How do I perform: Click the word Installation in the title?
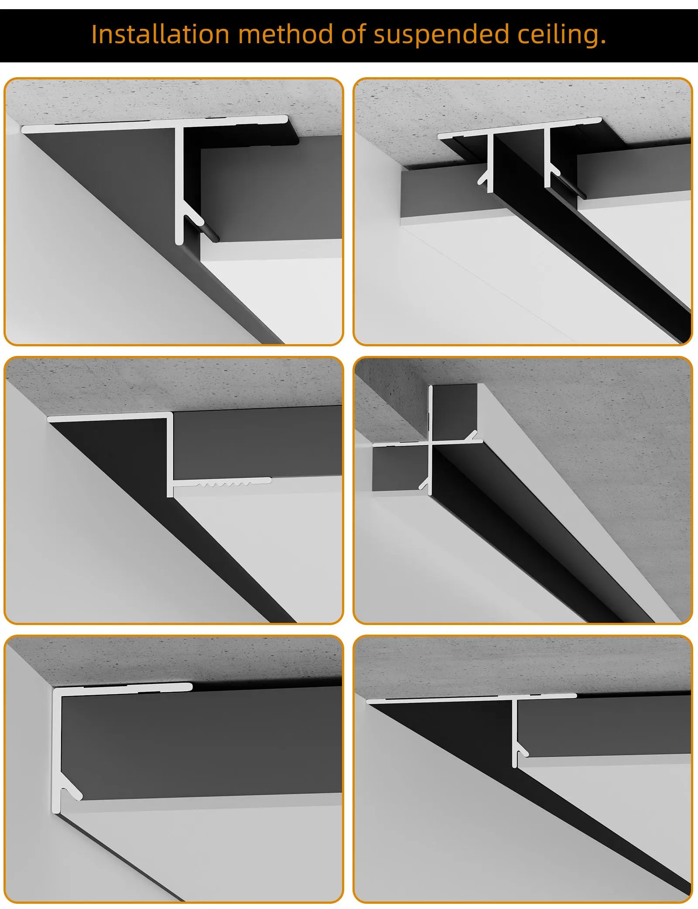coord(160,34)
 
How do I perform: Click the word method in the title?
coord(285,34)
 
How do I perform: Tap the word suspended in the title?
coord(441,34)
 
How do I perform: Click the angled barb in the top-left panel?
coord(195,215)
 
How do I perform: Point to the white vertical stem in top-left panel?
coord(179,183)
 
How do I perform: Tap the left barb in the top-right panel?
coord(483,178)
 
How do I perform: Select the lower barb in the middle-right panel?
coord(424,484)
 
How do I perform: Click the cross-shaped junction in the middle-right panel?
coord(431,443)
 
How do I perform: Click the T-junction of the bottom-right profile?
coord(515,698)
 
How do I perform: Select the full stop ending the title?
coord(603,43)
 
